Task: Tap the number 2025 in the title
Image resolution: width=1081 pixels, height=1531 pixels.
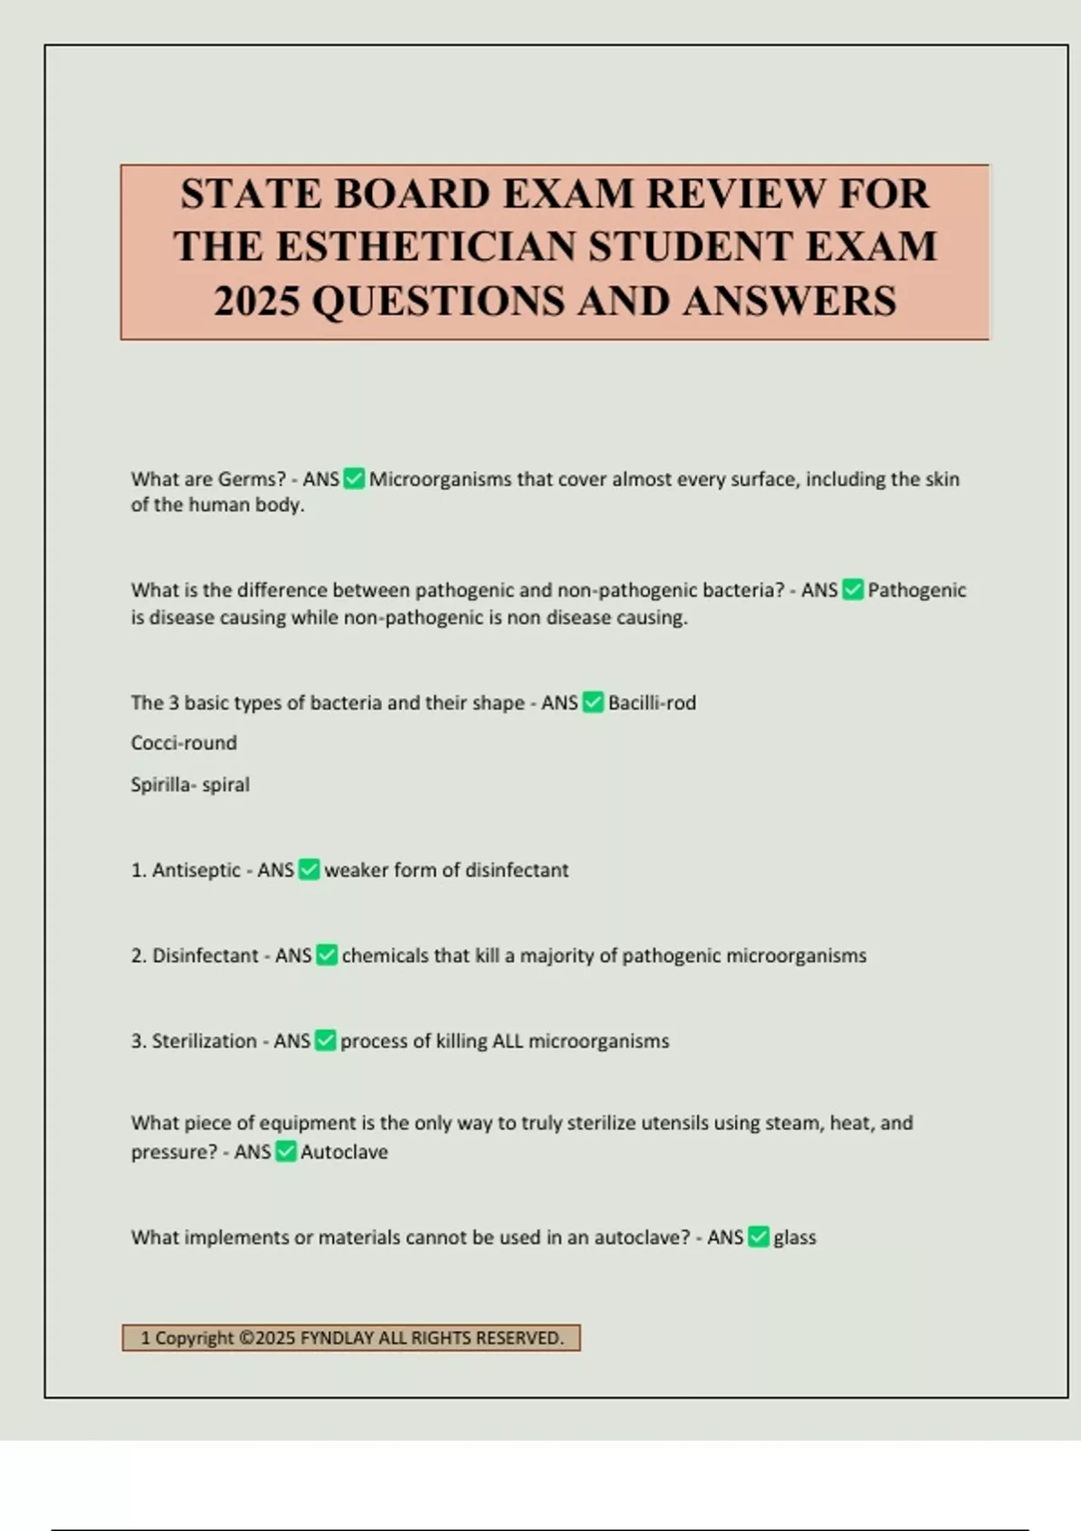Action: click(256, 301)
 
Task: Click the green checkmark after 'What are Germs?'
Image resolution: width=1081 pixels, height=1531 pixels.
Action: click(354, 479)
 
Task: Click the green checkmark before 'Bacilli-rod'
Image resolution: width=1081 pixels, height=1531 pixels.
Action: click(593, 702)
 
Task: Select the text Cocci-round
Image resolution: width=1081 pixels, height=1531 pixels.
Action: click(184, 743)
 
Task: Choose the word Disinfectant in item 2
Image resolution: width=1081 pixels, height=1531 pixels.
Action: click(204, 956)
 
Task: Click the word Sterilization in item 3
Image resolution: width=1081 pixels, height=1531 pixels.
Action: click(204, 1041)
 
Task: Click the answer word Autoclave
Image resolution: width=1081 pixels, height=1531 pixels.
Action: click(344, 1152)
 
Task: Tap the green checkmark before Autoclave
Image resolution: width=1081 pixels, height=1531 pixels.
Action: click(286, 1152)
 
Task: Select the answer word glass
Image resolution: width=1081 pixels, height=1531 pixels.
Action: click(795, 1237)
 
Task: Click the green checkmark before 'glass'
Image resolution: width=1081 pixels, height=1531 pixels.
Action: click(759, 1237)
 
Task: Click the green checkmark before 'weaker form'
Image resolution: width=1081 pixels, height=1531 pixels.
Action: click(309, 870)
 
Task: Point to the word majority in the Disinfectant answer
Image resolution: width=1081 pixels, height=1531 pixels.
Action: click(556, 956)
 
